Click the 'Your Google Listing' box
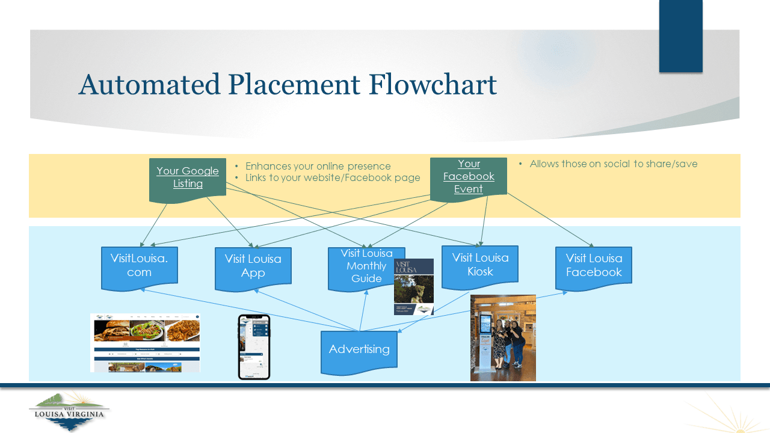188,177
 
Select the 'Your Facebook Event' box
469,176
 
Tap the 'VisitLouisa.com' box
139,265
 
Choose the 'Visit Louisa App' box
253,265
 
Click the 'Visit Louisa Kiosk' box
480,265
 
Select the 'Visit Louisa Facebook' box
594,265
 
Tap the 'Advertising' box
359,349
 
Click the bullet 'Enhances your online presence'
318,167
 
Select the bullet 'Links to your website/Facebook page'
333,178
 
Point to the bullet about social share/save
613,164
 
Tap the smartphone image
254,347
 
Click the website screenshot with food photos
145,343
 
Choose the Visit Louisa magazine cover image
414,287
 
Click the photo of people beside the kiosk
503,338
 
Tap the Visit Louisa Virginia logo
69,411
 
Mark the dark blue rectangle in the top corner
680,36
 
